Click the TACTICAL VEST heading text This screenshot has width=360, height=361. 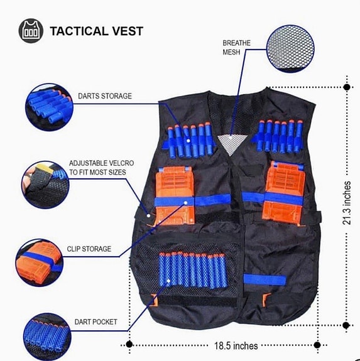click(96, 31)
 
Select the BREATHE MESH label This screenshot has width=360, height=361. click(236, 48)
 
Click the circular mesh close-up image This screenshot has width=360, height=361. click(293, 46)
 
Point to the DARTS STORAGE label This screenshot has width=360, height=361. click(105, 96)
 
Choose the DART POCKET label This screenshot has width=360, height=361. click(96, 322)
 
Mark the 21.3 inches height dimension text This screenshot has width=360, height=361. click(347, 203)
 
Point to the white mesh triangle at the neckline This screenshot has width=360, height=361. click(231, 143)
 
